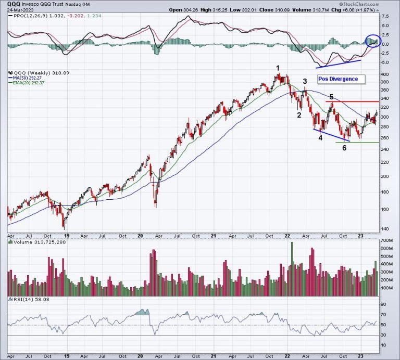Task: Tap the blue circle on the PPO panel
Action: (373, 41)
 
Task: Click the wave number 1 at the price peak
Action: (278, 68)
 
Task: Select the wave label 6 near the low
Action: (344, 148)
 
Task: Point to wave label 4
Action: (320, 138)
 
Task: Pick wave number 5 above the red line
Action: (331, 97)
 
